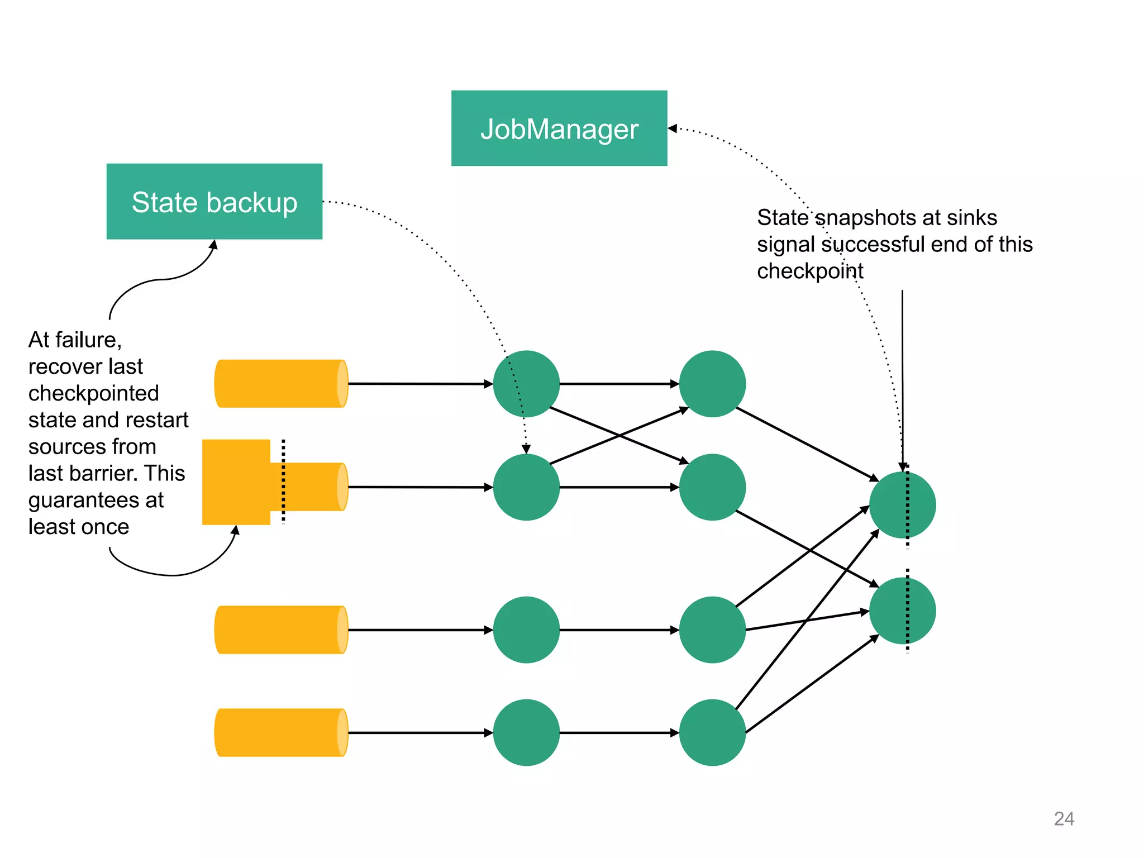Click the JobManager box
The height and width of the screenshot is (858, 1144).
coord(559,128)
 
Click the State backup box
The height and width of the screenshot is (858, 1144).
coord(214,201)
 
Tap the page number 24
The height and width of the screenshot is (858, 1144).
coord(1064,818)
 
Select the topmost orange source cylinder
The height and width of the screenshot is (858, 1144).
coord(280,383)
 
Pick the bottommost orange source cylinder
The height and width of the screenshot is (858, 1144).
coord(280,732)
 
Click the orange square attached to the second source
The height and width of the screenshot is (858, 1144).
coord(236,482)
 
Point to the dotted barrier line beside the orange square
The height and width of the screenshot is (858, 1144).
coord(283,482)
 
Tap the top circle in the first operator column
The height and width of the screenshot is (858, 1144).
coord(526,384)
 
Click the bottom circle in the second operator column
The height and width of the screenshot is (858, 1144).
coord(712,732)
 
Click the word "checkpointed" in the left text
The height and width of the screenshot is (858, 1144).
coord(93,393)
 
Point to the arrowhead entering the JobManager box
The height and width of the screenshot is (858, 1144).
coord(673,128)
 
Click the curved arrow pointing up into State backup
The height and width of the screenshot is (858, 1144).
coord(162,279)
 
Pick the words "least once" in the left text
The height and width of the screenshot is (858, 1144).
coord(79,527)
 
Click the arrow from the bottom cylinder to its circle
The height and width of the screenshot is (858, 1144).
coord(419,732)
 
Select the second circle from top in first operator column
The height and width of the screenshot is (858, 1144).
coord(526,487)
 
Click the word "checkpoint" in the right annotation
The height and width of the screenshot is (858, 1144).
coord(809,271)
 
